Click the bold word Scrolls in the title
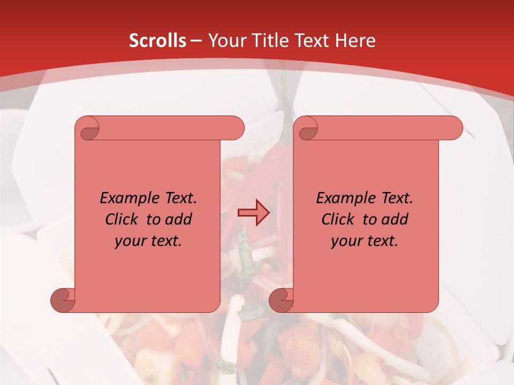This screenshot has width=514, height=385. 157,41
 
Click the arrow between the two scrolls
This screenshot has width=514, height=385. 253,213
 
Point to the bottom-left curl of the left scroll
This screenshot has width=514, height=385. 63,300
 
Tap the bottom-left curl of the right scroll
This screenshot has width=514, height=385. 281,300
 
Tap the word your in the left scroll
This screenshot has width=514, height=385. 129,241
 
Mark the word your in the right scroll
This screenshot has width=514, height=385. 345,241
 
